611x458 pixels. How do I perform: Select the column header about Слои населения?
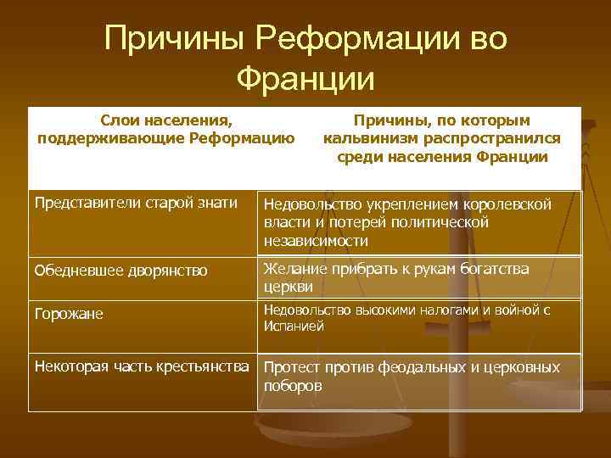tap(166, 130)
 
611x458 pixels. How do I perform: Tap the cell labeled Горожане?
tap(70, 314)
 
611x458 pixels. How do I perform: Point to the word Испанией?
tap(294, 326)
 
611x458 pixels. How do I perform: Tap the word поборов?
tap(293, 385)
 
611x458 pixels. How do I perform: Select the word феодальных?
tap(415, 367)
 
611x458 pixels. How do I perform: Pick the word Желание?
tap(294, 270)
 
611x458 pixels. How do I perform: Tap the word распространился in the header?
tap(487, 139)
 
